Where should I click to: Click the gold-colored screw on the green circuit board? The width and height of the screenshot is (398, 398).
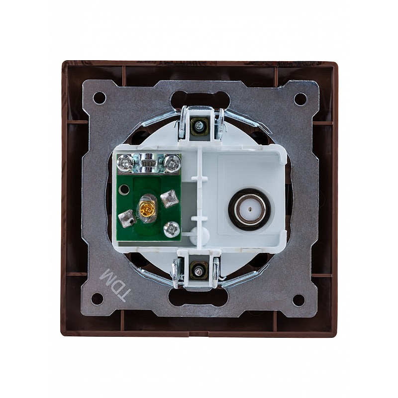click(x=146, y=209)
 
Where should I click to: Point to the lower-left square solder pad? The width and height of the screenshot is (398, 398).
click(x=126, y=218)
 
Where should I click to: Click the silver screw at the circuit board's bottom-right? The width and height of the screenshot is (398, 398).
click(x=173, y=229)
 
